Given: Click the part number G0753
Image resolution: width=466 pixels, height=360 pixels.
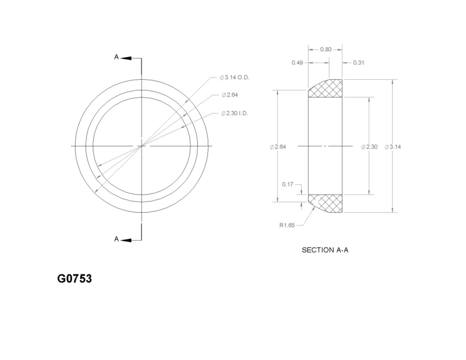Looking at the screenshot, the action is coord(75,278).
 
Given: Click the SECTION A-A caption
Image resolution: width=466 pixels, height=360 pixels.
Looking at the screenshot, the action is coord(325,250).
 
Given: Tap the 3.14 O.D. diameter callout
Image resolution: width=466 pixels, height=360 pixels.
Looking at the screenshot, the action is coord(235,77).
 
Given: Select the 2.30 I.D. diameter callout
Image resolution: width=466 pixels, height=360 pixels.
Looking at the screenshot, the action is coord(234,113).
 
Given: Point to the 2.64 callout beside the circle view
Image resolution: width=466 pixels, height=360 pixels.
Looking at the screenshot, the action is coord(230,95).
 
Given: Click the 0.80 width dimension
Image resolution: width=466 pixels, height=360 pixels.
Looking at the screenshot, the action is coord(326,50).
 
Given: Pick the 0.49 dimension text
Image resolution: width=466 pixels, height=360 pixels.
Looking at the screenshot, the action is coord(297,62).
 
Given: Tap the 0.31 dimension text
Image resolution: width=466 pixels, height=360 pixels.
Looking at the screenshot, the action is coord(358,62).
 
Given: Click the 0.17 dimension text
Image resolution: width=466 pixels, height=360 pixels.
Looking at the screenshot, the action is coord(288,184).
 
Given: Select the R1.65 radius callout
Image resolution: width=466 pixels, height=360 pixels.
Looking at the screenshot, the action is coord(287,225).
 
